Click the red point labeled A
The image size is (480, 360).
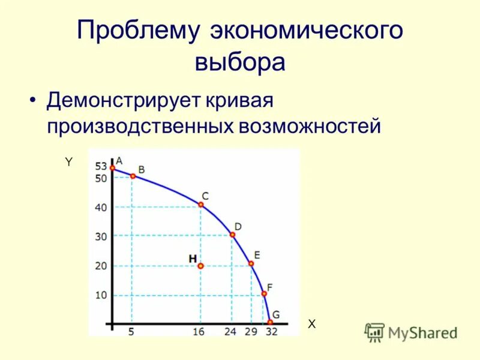click(112, 167)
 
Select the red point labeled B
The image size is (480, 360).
click(133, 176)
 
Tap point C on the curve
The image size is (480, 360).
click(201, 205)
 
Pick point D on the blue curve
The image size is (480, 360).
click(232, 235)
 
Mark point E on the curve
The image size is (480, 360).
click(251, 263)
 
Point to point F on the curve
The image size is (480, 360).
click(264, 293)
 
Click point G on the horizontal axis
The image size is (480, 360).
click(271, 322)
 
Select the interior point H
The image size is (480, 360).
click(200, 265)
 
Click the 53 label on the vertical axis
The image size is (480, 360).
click(101, 167)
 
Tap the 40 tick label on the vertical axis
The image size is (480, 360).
click(101, 208)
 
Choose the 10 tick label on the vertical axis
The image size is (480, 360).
click(101, 295)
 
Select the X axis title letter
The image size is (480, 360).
click(311, 324)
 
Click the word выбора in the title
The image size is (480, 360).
click(239, 62)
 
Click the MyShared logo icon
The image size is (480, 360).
click(375, 332)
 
